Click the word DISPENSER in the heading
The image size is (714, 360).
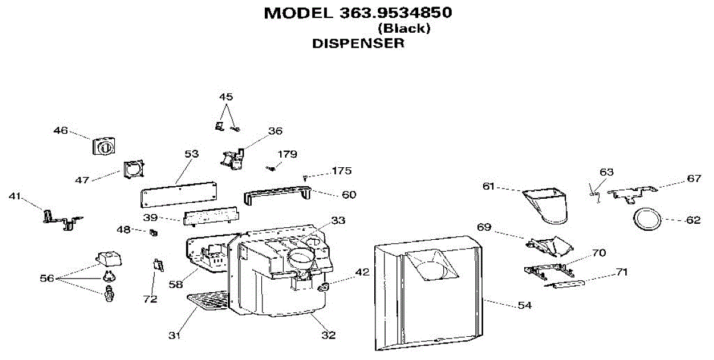click(358, 43)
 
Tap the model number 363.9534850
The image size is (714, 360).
click(396, 13)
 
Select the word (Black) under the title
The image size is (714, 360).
click(404, 29)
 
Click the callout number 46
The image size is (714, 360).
click(61, 130)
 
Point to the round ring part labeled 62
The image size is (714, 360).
click(647, 220)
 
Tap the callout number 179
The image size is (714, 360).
click(287, 154)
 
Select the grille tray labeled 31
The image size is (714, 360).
click(208, 300)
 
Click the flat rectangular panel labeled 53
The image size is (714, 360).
click(178, 195)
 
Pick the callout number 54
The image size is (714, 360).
click(525, 305)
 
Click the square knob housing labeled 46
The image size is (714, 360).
click(104, 147)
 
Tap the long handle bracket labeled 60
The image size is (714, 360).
click(277, 195)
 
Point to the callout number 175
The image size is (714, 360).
click(342, 171)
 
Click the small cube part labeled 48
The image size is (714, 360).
click(154, 233)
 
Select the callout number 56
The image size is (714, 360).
click(47, 278)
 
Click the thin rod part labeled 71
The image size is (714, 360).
click(565, 284)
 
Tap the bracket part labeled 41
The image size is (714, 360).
click(62, 220)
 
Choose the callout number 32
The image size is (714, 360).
click(328, 335)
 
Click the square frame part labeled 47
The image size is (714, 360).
click(134, 170)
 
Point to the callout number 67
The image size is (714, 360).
click(694, 179)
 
